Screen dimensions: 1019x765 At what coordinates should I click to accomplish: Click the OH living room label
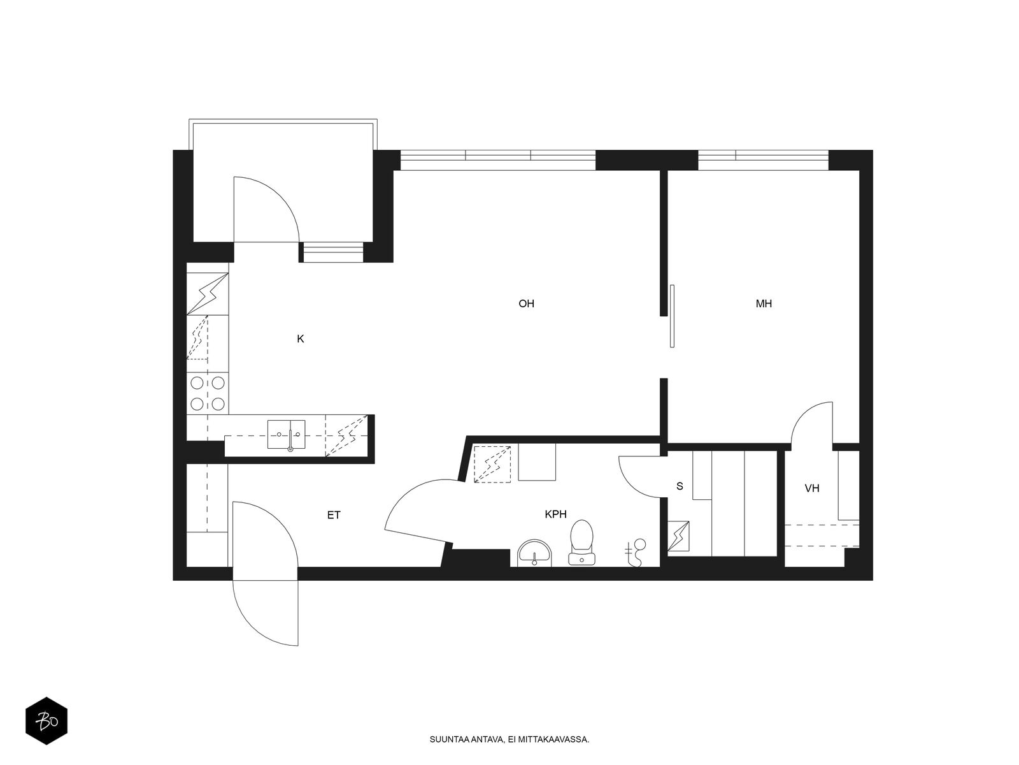click(x=526, y=304)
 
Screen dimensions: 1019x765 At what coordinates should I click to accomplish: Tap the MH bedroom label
click(x=764, y=304)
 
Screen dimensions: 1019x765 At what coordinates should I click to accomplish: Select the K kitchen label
click(x=301, y=339)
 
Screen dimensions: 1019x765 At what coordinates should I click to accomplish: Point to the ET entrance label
click(x=334, y=515)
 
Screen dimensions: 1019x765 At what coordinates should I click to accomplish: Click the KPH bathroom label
click(x=556, y=514)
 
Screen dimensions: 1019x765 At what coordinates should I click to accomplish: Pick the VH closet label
click(x=812, y=488)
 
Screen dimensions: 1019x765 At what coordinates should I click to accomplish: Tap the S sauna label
click(x=680, y=486)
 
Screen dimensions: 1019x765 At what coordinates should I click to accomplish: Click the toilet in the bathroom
click(x=581, y=542)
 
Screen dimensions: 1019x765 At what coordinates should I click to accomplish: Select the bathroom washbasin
click(x=534, y=553)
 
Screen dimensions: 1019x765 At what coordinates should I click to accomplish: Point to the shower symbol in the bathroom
click(x=636, y=553)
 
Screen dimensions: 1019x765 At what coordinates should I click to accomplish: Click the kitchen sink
click(x=287, y=435)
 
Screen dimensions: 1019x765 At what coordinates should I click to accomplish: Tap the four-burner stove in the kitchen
click(x=208, y=393)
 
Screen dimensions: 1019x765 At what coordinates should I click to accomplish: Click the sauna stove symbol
click(x=678, y=536)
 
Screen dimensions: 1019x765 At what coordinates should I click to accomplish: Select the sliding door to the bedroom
click(x=672, y=316)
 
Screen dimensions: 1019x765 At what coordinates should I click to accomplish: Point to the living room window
click(x=497, y=160)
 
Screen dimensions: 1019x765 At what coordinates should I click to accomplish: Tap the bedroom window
click(x=763, y=160)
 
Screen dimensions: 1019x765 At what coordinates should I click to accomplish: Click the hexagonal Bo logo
click(x=46, y=721)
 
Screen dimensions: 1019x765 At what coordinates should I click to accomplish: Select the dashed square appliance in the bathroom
click(x=492, y=464)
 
